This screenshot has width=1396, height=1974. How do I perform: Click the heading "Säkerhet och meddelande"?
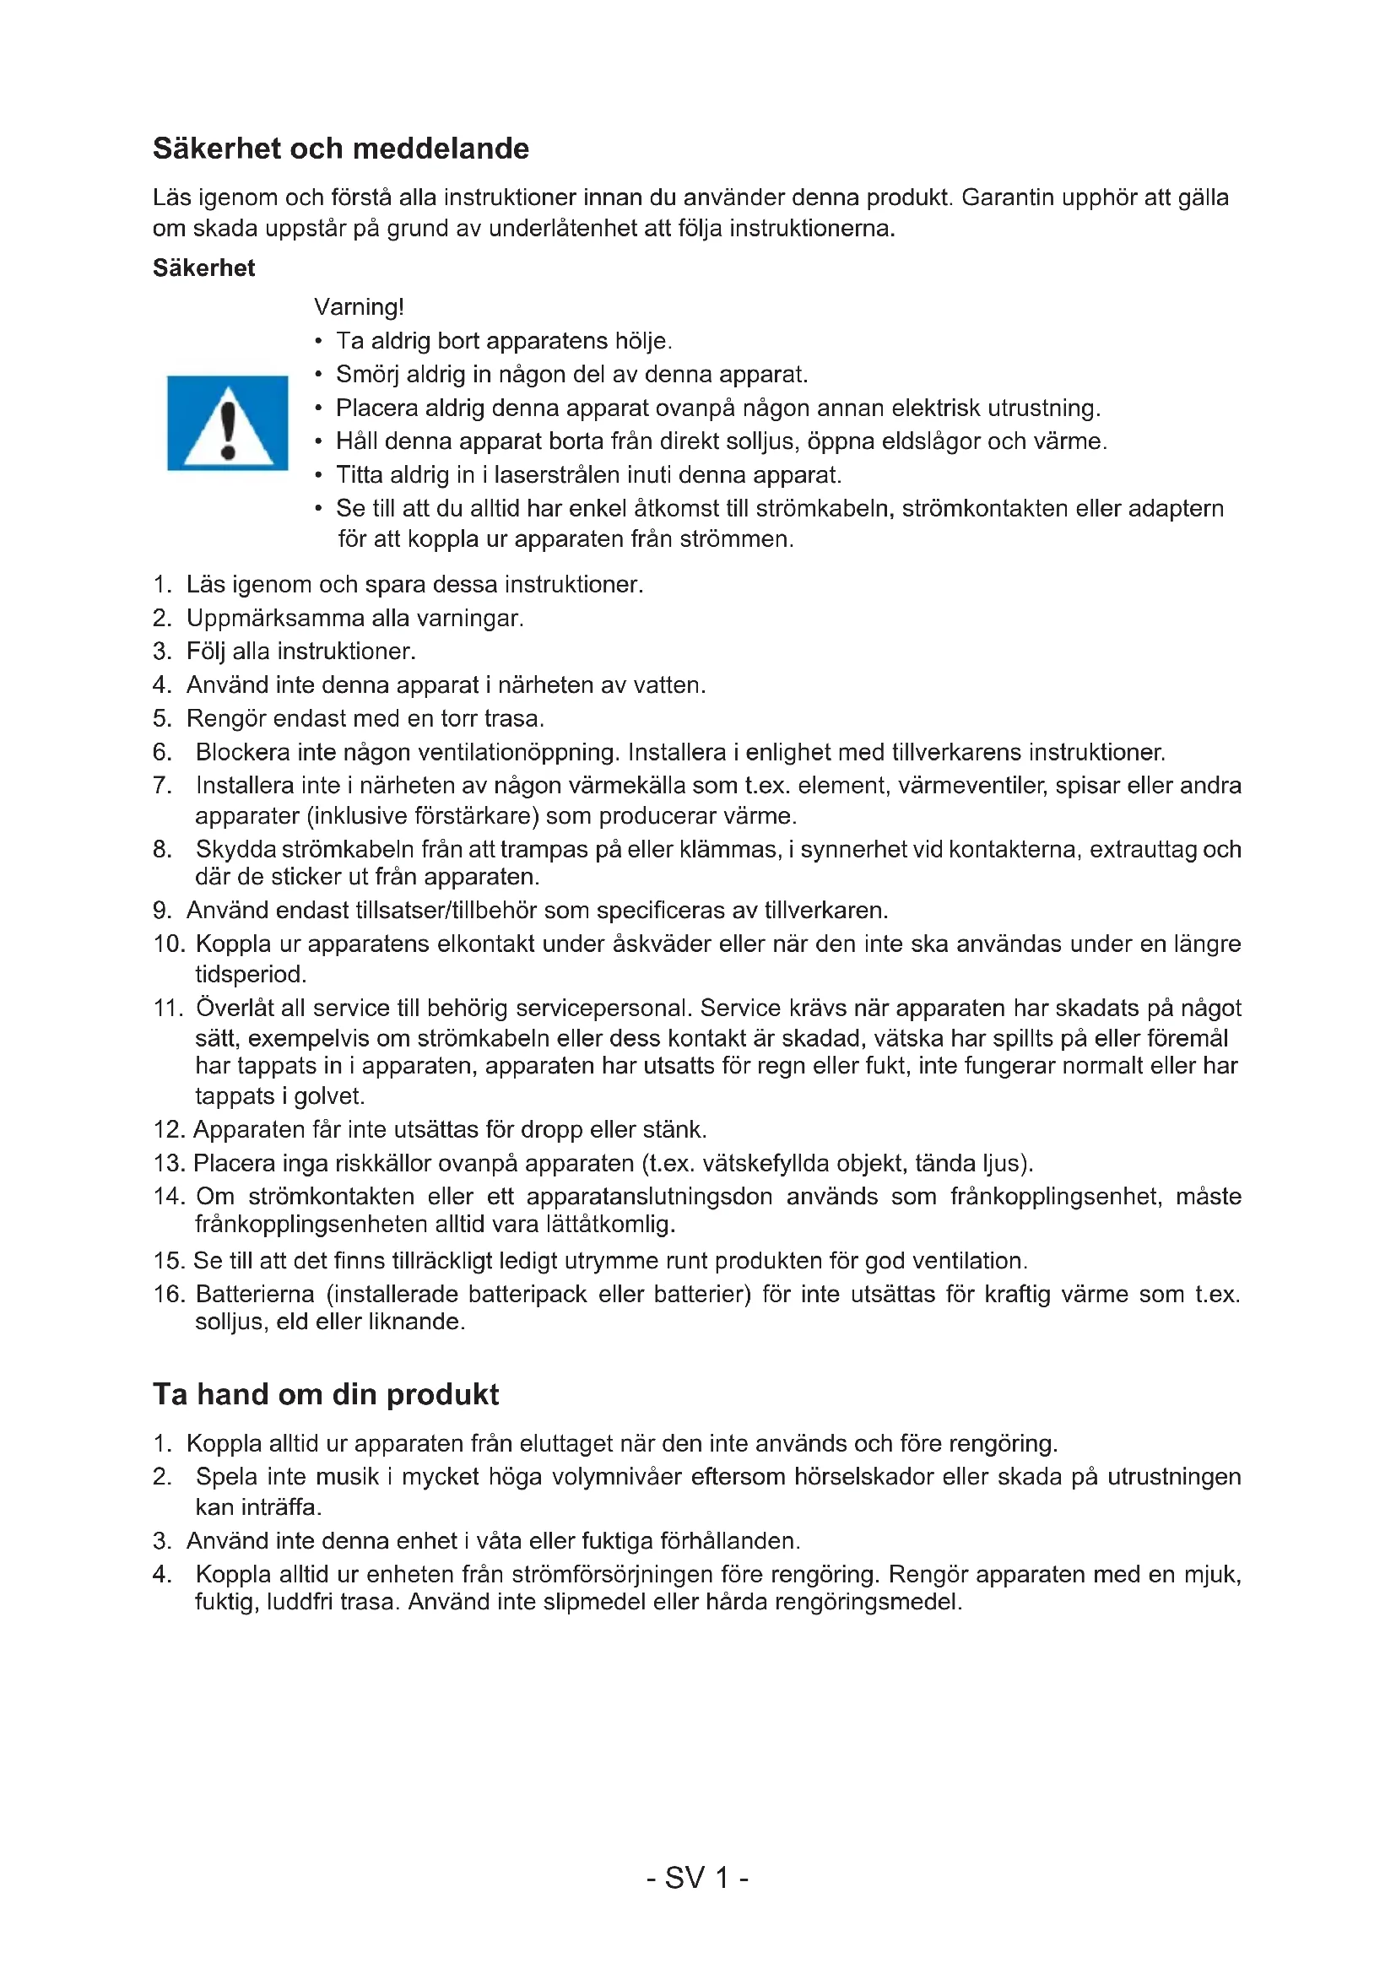[x=340, y=149]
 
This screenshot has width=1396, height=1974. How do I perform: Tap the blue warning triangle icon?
[x=228, y=423]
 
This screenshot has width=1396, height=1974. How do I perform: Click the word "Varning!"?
[x=360, y=307]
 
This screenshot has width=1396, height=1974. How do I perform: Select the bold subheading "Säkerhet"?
[x=203, y=268]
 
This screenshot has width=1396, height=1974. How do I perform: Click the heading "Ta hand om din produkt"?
[x=326, y=1393]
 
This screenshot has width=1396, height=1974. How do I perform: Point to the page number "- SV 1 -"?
[x=697, y=1878]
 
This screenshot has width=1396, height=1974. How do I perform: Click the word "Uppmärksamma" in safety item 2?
[x=275, y=618]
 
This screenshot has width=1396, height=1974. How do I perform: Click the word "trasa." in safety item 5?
[x=514, y=719]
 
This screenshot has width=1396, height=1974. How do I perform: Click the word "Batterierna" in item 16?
[x=254, y=1294]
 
